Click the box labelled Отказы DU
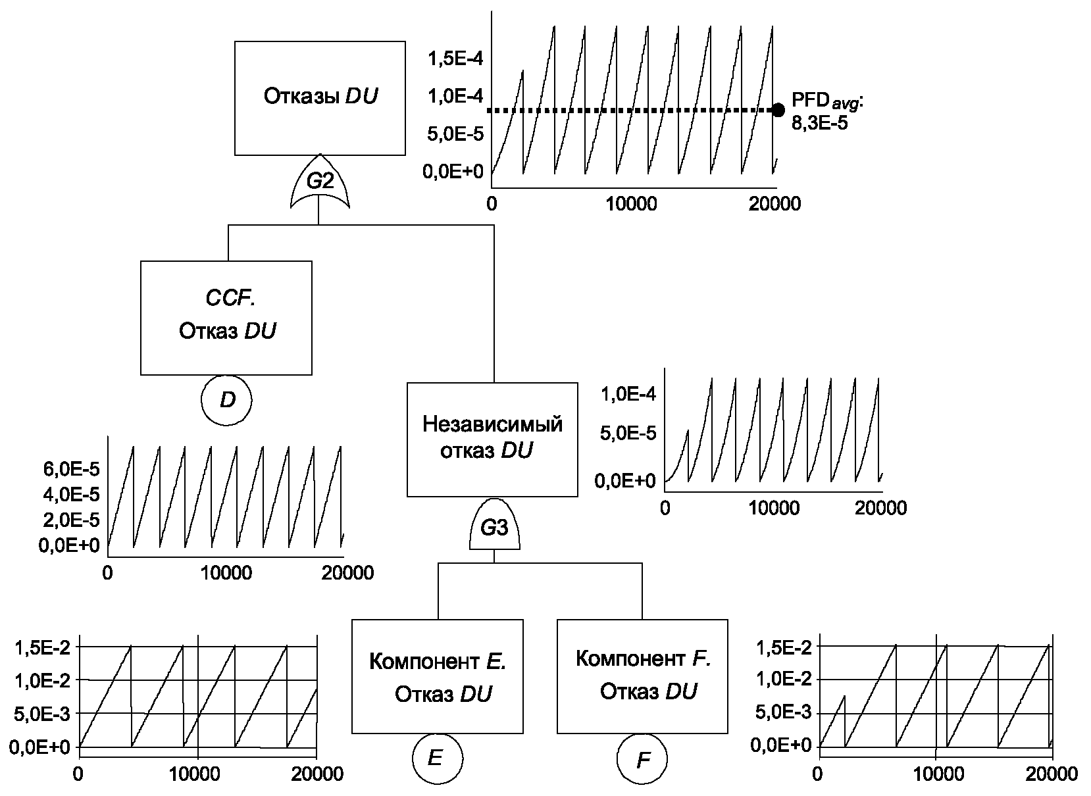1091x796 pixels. [320, 98]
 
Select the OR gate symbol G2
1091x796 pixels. [320, 182]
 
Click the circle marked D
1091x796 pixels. [227, 400]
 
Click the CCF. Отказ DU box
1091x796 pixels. [226, 318]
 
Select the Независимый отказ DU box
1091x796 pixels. [492, 439]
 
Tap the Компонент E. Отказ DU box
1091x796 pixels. [437, 676]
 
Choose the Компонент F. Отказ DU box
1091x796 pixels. [642, 676]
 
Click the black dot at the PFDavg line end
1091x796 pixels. [778, 110]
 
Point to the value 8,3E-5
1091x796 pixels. [819, 122]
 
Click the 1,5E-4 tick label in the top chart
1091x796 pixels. [455, 59]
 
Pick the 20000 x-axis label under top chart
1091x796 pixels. [774, 203]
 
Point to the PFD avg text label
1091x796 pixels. [826, 101]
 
